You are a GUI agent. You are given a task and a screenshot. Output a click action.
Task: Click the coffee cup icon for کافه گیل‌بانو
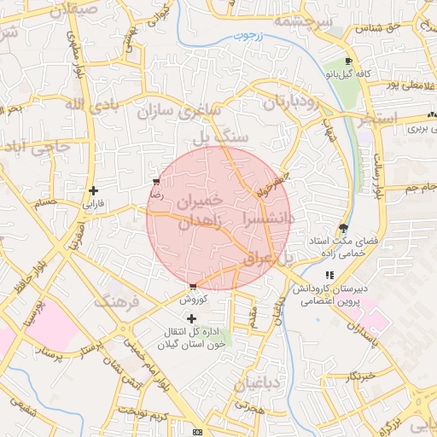pyautogui.click(x=348, y=61)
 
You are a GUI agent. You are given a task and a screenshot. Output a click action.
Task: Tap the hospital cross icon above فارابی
pyautogui.click(x=93, y=190)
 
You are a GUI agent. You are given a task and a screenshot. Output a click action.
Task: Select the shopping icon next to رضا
pyautogui.click(x=155, y=182)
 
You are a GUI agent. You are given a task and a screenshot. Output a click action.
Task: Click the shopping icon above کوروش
pyautogui.click(x=193, y=287)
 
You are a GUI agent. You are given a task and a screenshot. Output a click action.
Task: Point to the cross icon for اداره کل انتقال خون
pyautogui.click(x=191, y=318)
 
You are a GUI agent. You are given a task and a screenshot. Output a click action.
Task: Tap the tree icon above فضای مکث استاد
pyautogui.click(x=343, y=227)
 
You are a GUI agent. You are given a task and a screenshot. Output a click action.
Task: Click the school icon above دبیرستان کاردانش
pyautogui.click(x=329, y=275)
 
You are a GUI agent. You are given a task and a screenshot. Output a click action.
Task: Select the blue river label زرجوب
pyautogui.click(x=251, y=38)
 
